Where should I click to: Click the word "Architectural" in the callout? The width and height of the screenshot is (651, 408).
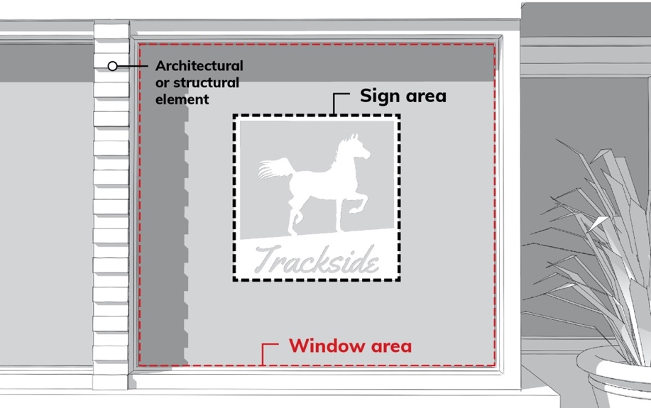[199, 66]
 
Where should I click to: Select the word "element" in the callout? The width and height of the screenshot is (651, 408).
[182, 99]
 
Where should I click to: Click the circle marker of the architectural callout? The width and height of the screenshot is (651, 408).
[112, 66]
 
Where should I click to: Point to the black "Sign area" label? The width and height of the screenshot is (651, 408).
[403, 95]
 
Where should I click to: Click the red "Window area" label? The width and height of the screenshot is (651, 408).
[350, 346]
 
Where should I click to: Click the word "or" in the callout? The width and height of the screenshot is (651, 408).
[162, 83]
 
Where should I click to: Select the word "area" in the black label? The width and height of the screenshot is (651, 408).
[426, 95]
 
